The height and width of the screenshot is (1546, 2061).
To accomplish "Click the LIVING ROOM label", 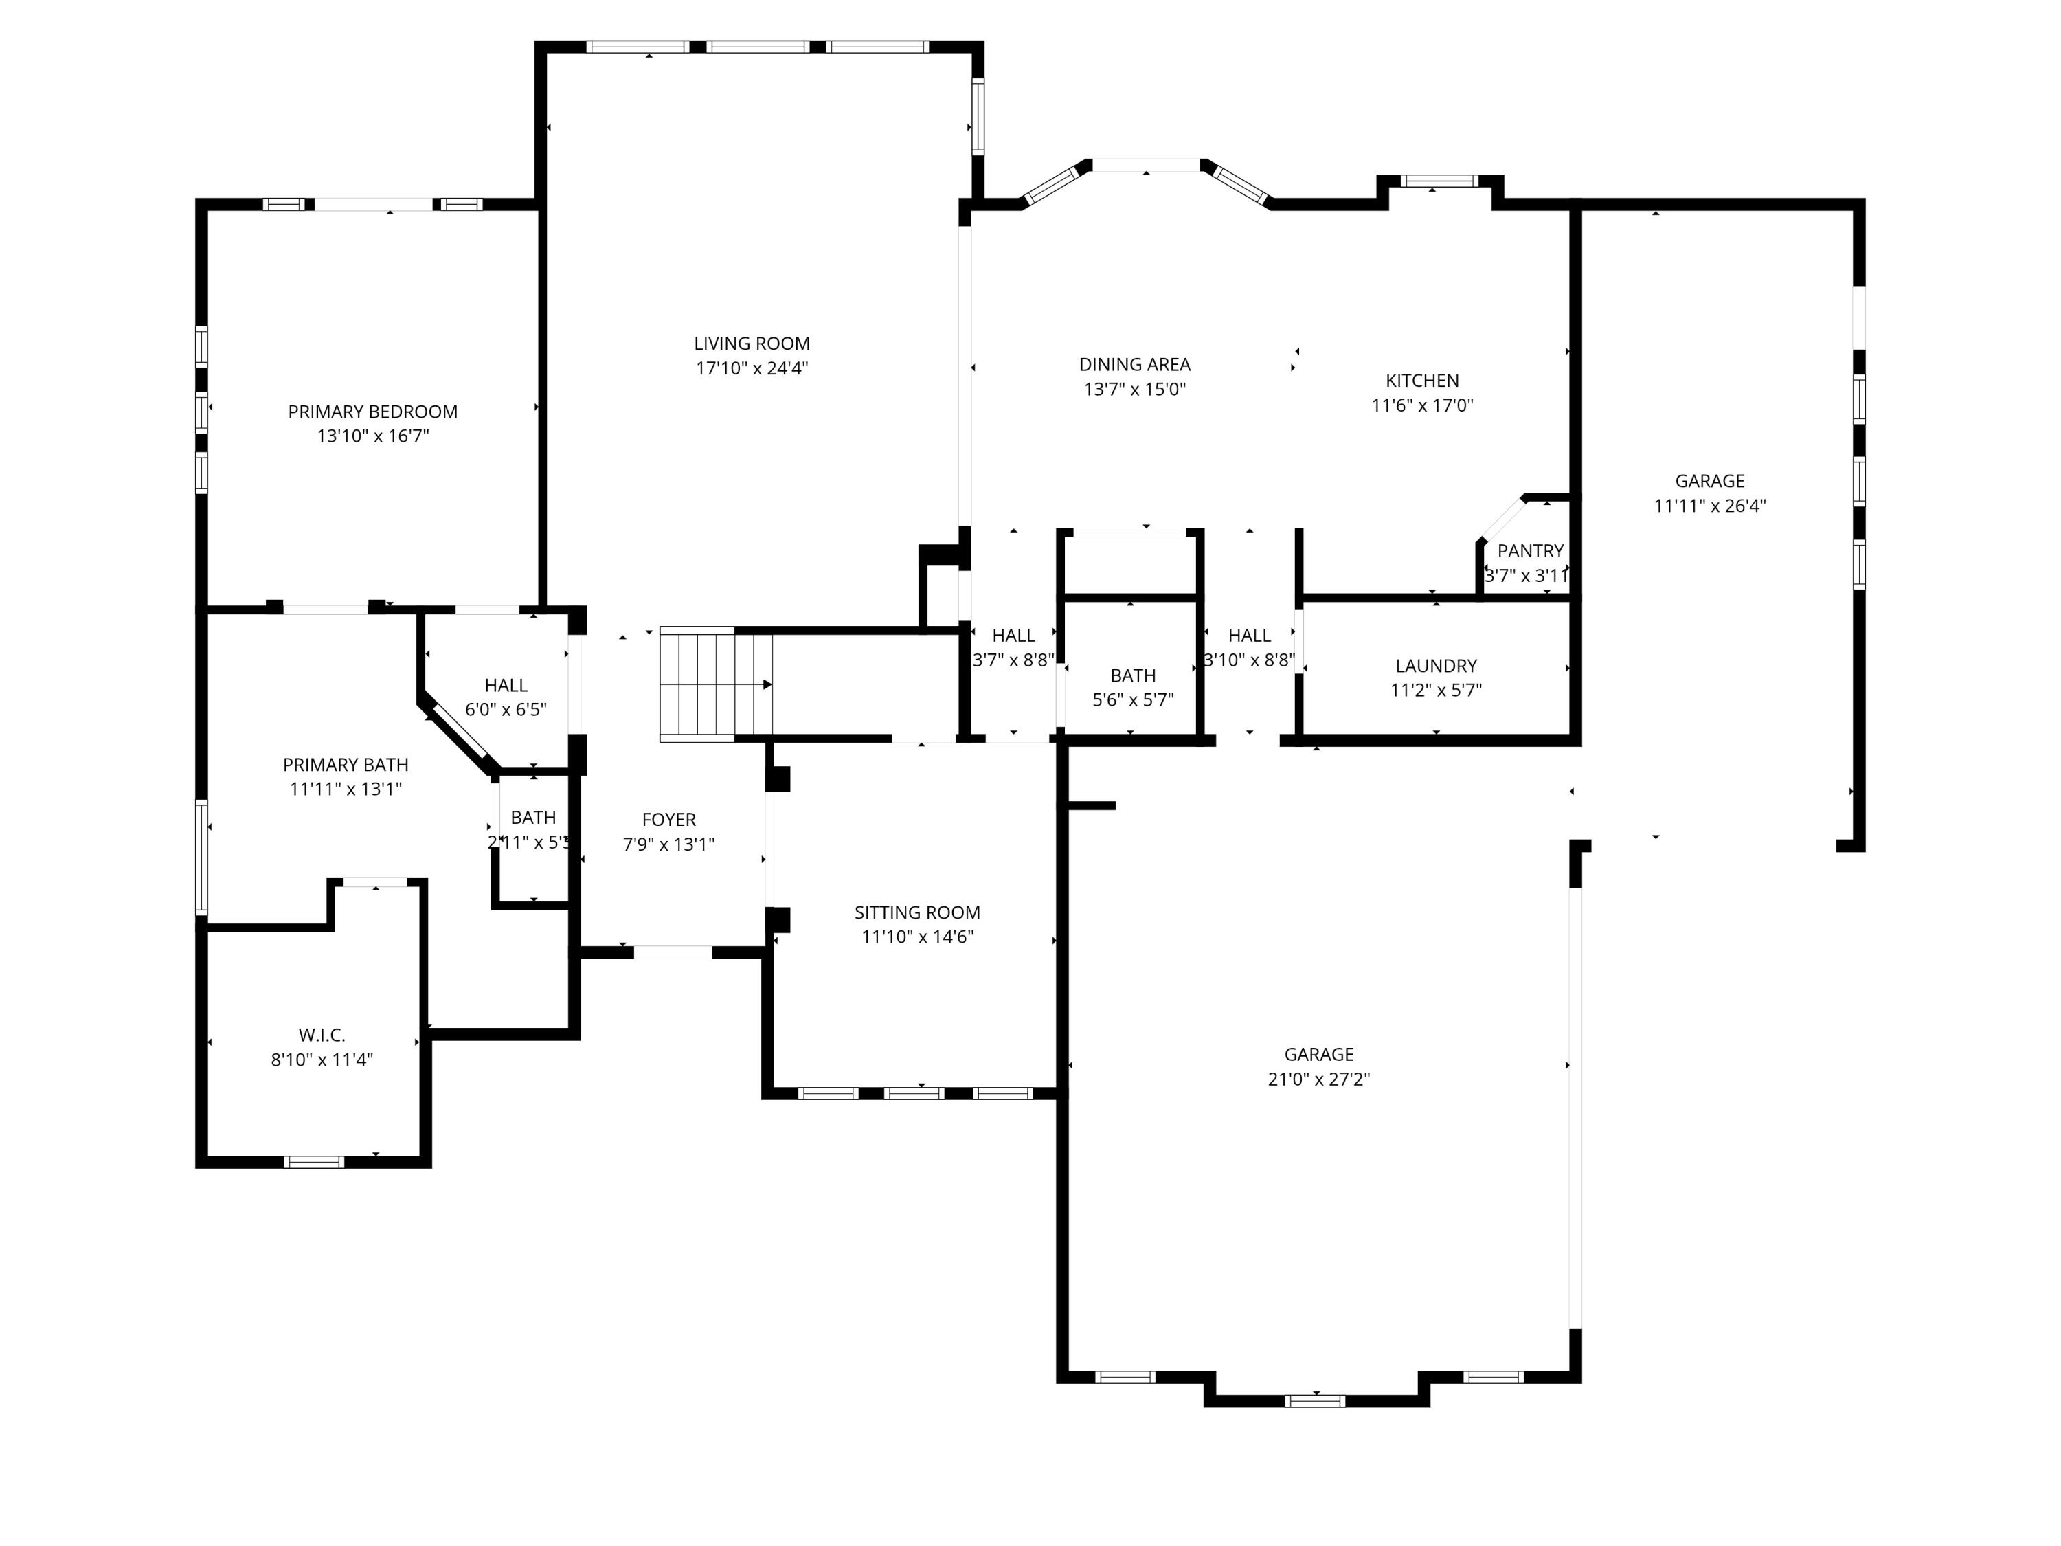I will click(x=751, y=344).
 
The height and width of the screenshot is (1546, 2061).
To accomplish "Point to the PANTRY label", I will click(x=1530, y=551).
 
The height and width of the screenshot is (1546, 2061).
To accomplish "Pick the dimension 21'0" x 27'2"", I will click(x=1318, y=1079).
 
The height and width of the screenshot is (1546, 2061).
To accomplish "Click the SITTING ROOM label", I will click(x=917, y=913).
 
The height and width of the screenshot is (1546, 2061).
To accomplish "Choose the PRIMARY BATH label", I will click(x=346, y=765).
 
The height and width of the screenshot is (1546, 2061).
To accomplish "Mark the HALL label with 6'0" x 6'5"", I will click(x=506, y=686).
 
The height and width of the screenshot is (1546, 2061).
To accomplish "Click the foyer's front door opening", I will click(x=673, y=952).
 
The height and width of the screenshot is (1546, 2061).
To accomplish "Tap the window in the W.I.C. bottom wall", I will click(x=314, y=1162).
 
